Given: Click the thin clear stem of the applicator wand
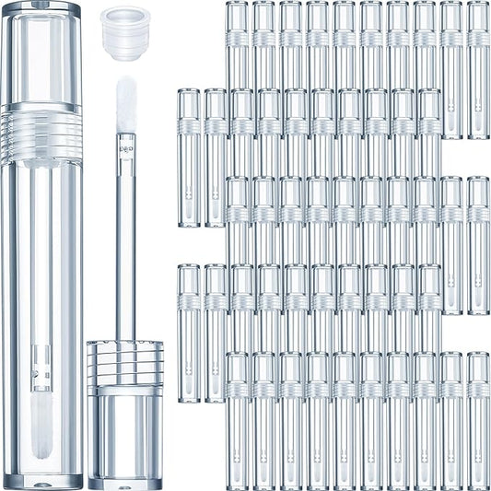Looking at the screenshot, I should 126,240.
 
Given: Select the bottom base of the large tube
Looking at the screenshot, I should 41,474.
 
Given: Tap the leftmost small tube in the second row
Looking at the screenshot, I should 189,157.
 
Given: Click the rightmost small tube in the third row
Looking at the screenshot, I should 478,244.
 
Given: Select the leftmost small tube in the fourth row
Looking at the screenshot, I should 189,332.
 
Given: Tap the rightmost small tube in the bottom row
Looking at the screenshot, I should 478,419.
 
